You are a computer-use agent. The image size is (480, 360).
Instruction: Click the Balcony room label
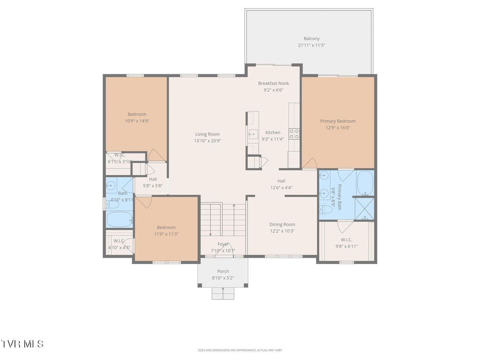(312, 39)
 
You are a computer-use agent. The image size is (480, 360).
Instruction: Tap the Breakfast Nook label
(273, 83)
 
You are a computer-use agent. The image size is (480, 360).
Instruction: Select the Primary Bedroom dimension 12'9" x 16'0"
(337, 127)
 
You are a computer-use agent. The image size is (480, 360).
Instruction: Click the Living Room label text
(207, 134)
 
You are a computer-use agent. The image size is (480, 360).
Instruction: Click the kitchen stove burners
(294, 134)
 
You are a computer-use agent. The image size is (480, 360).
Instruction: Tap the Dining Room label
(282, 225)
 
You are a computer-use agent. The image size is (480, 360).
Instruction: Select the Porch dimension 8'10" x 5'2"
(223, 278)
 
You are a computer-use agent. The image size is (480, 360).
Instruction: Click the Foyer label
(223, 244)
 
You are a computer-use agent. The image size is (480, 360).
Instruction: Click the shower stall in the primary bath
(364, 209)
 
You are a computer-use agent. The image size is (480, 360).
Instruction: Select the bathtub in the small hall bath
(119, 219)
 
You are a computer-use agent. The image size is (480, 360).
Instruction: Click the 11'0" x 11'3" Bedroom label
(166, 227)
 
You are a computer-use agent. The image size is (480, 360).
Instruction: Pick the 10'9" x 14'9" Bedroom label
(137, 114)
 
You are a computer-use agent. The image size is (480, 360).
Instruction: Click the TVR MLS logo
(22, 344)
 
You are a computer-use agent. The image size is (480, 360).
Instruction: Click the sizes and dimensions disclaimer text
(240, 350)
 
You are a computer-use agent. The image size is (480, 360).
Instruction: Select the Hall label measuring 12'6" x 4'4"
(281, 181)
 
